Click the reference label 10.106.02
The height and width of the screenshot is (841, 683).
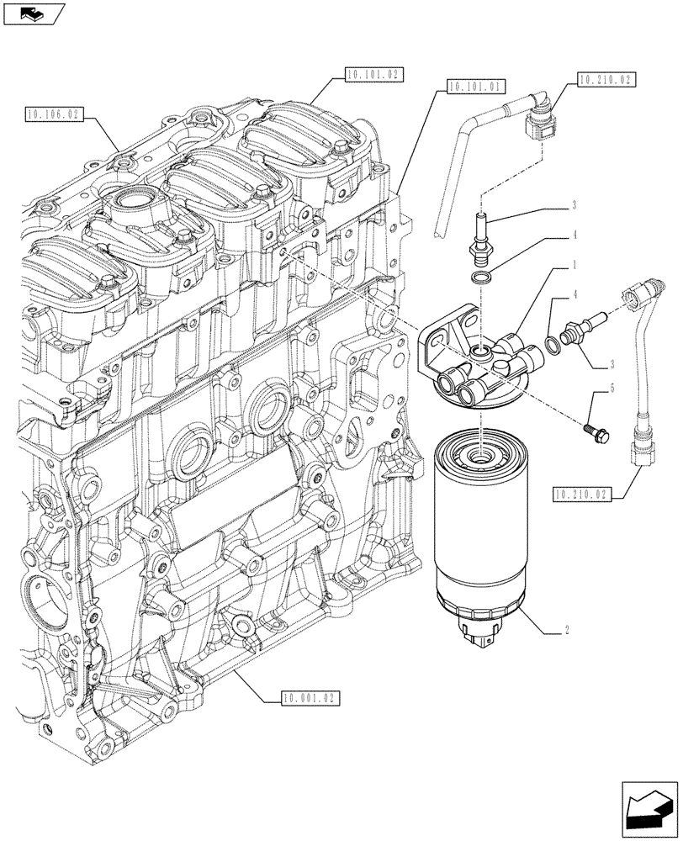(x=54, y=112)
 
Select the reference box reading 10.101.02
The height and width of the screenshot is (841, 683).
(x=374, y=75)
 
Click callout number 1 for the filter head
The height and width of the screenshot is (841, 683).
(x=574, y=264)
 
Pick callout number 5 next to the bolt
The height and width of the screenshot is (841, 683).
(x=598, y=389)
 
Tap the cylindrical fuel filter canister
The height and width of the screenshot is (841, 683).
(x=478, y=538)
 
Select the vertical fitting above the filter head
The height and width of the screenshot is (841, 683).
(x=482, y=233)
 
